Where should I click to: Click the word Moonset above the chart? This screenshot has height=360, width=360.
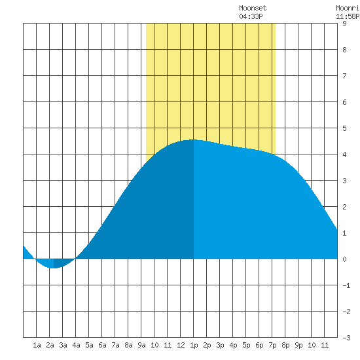253,8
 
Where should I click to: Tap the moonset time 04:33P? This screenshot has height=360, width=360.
251,16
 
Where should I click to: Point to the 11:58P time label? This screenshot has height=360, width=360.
348,16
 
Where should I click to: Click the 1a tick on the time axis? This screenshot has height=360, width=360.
37,345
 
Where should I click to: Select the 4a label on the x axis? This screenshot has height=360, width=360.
76,345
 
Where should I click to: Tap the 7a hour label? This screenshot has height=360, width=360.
115,345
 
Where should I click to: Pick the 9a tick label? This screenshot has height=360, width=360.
141,345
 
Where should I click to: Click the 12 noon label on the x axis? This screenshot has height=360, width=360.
181,345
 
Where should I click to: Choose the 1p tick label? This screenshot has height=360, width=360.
194,345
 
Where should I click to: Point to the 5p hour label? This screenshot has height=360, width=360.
246,345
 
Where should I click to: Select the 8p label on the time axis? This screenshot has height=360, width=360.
285,345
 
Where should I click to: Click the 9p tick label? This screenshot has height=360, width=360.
298,345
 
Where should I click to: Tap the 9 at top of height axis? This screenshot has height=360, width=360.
344,24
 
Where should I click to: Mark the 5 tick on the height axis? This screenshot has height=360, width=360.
344,128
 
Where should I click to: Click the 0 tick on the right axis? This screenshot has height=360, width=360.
344,259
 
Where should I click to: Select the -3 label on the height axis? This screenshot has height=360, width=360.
346,338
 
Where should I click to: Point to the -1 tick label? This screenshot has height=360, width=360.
346,285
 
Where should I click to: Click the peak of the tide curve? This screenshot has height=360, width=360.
194,139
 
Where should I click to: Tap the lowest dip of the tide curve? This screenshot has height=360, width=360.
54,268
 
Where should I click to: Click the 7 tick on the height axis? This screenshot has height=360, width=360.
344,76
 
